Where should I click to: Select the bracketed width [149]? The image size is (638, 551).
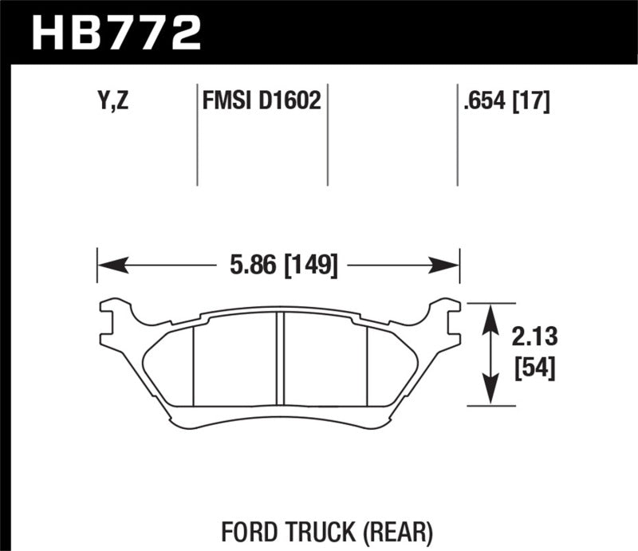pyautogui.click(x=308, y=264)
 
